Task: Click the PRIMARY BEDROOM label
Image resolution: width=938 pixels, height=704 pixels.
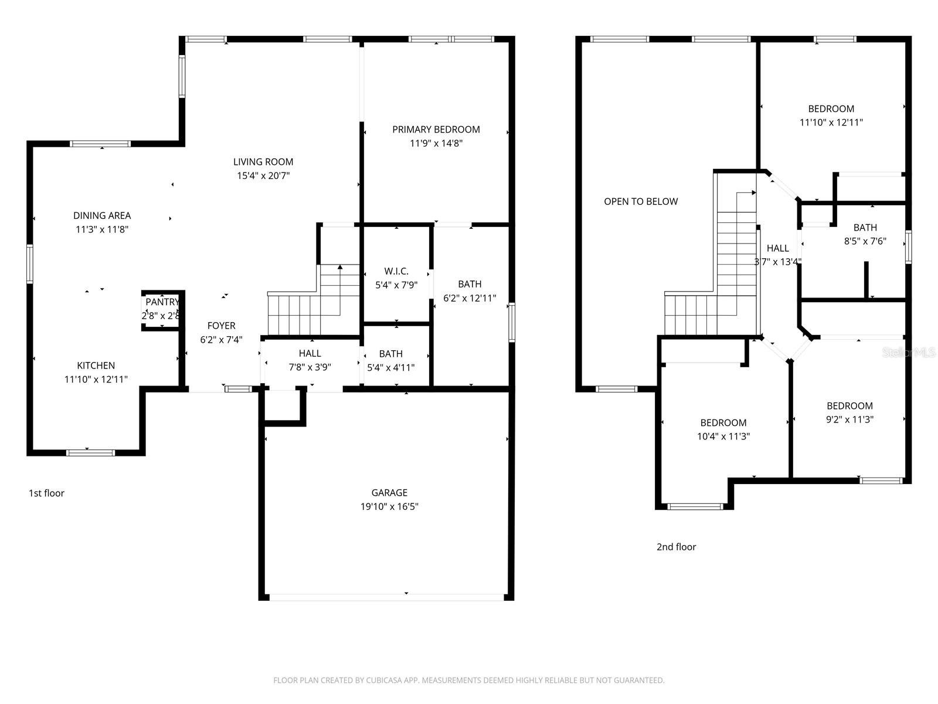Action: (x=436, y=129)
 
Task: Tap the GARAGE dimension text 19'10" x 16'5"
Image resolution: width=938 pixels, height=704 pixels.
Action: (x=389, y=507)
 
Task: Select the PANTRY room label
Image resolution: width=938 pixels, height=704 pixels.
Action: (x=162, y=302)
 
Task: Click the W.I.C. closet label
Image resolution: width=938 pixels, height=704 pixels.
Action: (x=396, y=271)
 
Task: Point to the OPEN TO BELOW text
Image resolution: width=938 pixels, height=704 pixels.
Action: (x=641, y=201)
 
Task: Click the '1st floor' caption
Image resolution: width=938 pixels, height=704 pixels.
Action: (x=46, y=493)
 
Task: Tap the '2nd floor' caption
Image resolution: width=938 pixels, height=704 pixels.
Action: (x=676, y=547)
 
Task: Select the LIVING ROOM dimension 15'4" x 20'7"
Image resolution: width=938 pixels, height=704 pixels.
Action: (x=263, y=175)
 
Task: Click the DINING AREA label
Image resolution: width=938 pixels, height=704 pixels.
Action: (x=102, y=215)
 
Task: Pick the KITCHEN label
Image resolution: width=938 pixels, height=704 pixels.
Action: (x=96, y=365)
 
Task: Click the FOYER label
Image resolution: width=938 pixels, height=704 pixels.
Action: (x=221, y=326)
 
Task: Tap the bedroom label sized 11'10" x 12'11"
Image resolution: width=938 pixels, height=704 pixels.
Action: (x=831, y=109)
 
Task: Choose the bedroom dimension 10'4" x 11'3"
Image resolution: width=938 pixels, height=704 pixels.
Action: (x=723, y=436)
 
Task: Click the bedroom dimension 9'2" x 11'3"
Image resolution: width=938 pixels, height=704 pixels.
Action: (x=849, y=419)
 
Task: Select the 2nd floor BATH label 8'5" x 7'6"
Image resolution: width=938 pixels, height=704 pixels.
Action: (x=865, y=228)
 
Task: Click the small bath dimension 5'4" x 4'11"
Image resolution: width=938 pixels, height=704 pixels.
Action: (x=390, y=368)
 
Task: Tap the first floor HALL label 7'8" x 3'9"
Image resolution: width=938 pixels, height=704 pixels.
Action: (x=310, y=353)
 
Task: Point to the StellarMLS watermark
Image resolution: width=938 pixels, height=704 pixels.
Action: (x=909, y=353)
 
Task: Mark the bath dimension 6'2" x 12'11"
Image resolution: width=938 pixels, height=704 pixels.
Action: (x=470, y=298)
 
